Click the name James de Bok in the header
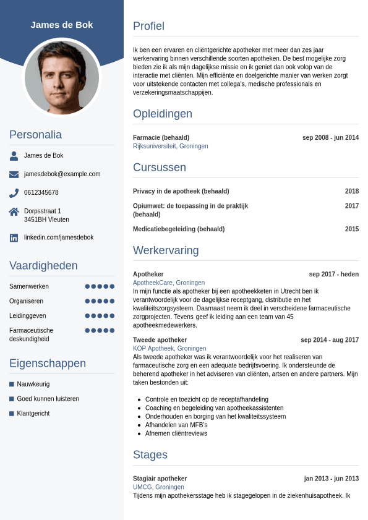(x=62, y=25)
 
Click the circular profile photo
(x=62, y=77)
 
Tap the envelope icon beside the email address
(x=14, y=174)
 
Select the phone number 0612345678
(x=41, y=193)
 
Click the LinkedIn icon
(x=14, y=237)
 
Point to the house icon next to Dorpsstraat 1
(x=14, y=211)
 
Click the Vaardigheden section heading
(x=43, y=266)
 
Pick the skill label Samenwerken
(x=29, y=286)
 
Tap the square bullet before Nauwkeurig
(x=12, y=384)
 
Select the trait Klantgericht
(x=33, y=414)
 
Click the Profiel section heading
(x=148, y=26)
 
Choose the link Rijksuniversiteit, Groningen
(x=171, y=147)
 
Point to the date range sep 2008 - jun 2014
(x=330, y=138)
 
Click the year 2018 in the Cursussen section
(x=352, y=192)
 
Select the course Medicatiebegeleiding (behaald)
(x=179, y=229)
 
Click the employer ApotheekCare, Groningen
(x=169, y=283)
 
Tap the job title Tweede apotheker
(x=160, y=340)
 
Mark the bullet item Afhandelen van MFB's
(x=176, y=425)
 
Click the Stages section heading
(x=150, y=455)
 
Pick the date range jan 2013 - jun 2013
(x=332, y=479)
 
